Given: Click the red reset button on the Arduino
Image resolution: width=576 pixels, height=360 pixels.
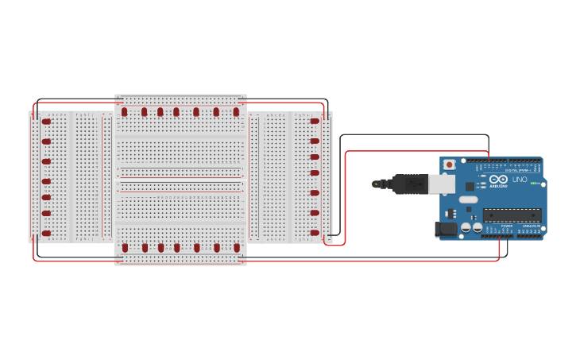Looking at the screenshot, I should point(450,165).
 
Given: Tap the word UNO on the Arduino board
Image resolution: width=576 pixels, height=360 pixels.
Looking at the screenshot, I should point(520,180).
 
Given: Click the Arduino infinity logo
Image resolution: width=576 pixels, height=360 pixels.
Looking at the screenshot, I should point(499,180).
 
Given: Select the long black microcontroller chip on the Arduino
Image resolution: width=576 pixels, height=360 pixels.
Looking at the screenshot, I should point(512,215).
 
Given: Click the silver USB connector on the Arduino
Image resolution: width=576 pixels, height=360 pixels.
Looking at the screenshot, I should point(442,184).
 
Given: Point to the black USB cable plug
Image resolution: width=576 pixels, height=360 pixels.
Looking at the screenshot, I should point(411,184).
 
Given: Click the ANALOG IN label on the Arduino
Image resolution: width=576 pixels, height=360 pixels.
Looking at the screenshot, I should point(530,226).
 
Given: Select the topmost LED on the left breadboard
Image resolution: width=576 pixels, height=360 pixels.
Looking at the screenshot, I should point(46,122).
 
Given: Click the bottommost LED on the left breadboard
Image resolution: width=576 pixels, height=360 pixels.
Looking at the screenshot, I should point(46,233).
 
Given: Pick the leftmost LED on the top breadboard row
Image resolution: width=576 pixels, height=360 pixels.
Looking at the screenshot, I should point(125,112).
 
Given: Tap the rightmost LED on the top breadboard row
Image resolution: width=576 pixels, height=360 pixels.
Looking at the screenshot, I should point(236,112).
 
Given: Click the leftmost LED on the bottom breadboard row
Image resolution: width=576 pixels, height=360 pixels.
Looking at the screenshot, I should point(125,248).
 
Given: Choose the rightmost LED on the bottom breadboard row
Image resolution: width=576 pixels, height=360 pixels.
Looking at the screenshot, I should point(237,248).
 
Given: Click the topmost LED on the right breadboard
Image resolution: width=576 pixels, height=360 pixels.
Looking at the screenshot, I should point(315,122).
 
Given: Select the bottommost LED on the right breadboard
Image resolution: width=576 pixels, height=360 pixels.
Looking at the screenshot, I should point(315,233).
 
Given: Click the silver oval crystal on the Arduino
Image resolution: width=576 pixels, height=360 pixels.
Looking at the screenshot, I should point(469,199).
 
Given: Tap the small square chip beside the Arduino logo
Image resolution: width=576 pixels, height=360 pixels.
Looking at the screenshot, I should point(470,185).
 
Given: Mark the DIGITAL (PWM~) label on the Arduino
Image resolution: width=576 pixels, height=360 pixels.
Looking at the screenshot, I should point(516,170).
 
